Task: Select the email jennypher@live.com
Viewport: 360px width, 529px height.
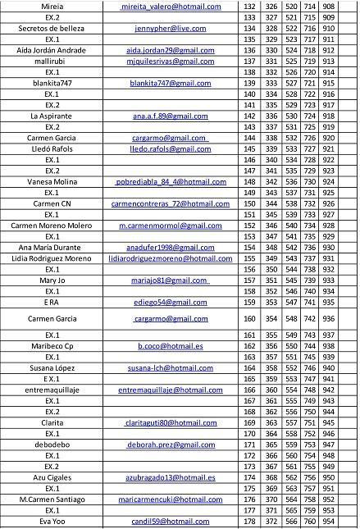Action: (169, 27)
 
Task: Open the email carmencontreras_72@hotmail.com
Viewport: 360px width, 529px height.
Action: (171, 203)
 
